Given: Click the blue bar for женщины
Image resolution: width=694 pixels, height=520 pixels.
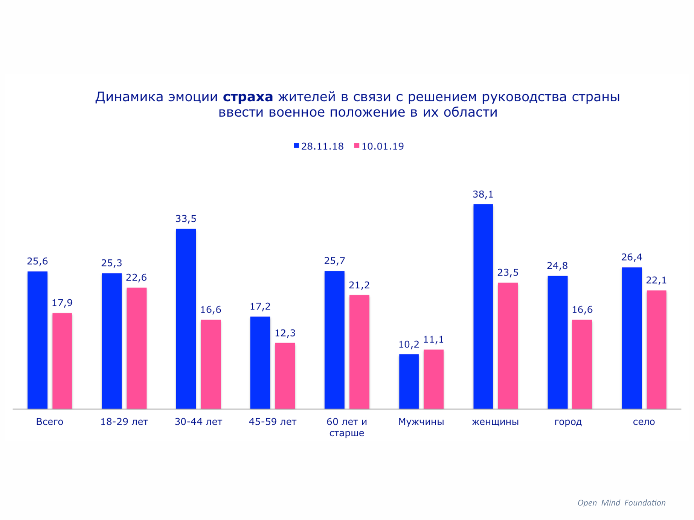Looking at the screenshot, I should pyautogui.click(x=483, y=306).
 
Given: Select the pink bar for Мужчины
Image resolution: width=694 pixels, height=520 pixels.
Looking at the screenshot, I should pyautogui.click(x=434, y=379).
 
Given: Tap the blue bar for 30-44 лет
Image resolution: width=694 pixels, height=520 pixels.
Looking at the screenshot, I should pyautogui.click(x=186, y=319).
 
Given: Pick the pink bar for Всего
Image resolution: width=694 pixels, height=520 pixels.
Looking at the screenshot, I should pyautogui.click(x=62, y=361).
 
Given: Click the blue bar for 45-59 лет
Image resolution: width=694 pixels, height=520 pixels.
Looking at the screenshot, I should pyautogui.click(x=260, y=363).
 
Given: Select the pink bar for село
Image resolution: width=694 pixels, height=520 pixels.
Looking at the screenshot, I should pyautogui.click(x=656, y=349).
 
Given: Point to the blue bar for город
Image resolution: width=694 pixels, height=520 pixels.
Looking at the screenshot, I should pyautogui.click(x=557, y=342).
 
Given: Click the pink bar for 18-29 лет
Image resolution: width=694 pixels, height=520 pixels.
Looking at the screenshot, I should pyautogui.click(x=137, y=348).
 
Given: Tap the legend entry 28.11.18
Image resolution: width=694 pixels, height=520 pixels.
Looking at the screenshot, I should pyautogui.click(x=318, y=146).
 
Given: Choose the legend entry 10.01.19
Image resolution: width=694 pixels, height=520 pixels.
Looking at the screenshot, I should pyautogui.click(x=379, y=146).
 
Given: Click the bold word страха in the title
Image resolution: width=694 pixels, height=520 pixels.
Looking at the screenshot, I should pyautogui.click(x=248, y=97).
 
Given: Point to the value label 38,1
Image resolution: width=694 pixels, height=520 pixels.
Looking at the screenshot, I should pyautogui.click(x=483, y=194).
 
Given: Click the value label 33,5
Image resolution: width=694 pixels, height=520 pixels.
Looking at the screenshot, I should pyautogui.click(x=186, y=219).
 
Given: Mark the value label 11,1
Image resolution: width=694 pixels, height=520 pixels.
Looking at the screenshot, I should pyautogui.click(x=434, y=340).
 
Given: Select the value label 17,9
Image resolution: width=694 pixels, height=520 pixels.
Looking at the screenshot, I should pyautogui.click(x=62, y=303).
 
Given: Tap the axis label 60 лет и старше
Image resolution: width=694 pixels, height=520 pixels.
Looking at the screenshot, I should pyautogui.click(x=347, y=427).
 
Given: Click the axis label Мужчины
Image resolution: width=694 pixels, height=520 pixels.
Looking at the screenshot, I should pyautogui.click(x=421, y=422).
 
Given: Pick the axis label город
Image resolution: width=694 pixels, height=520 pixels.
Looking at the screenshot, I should pyautogui.click(x=568, y=422).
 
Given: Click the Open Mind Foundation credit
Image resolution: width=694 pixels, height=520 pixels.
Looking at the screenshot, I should pyautogui.click(x=622, y=503).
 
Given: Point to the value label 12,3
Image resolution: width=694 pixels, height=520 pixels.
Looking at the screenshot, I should pyautogui.click(x=285, y=333).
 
